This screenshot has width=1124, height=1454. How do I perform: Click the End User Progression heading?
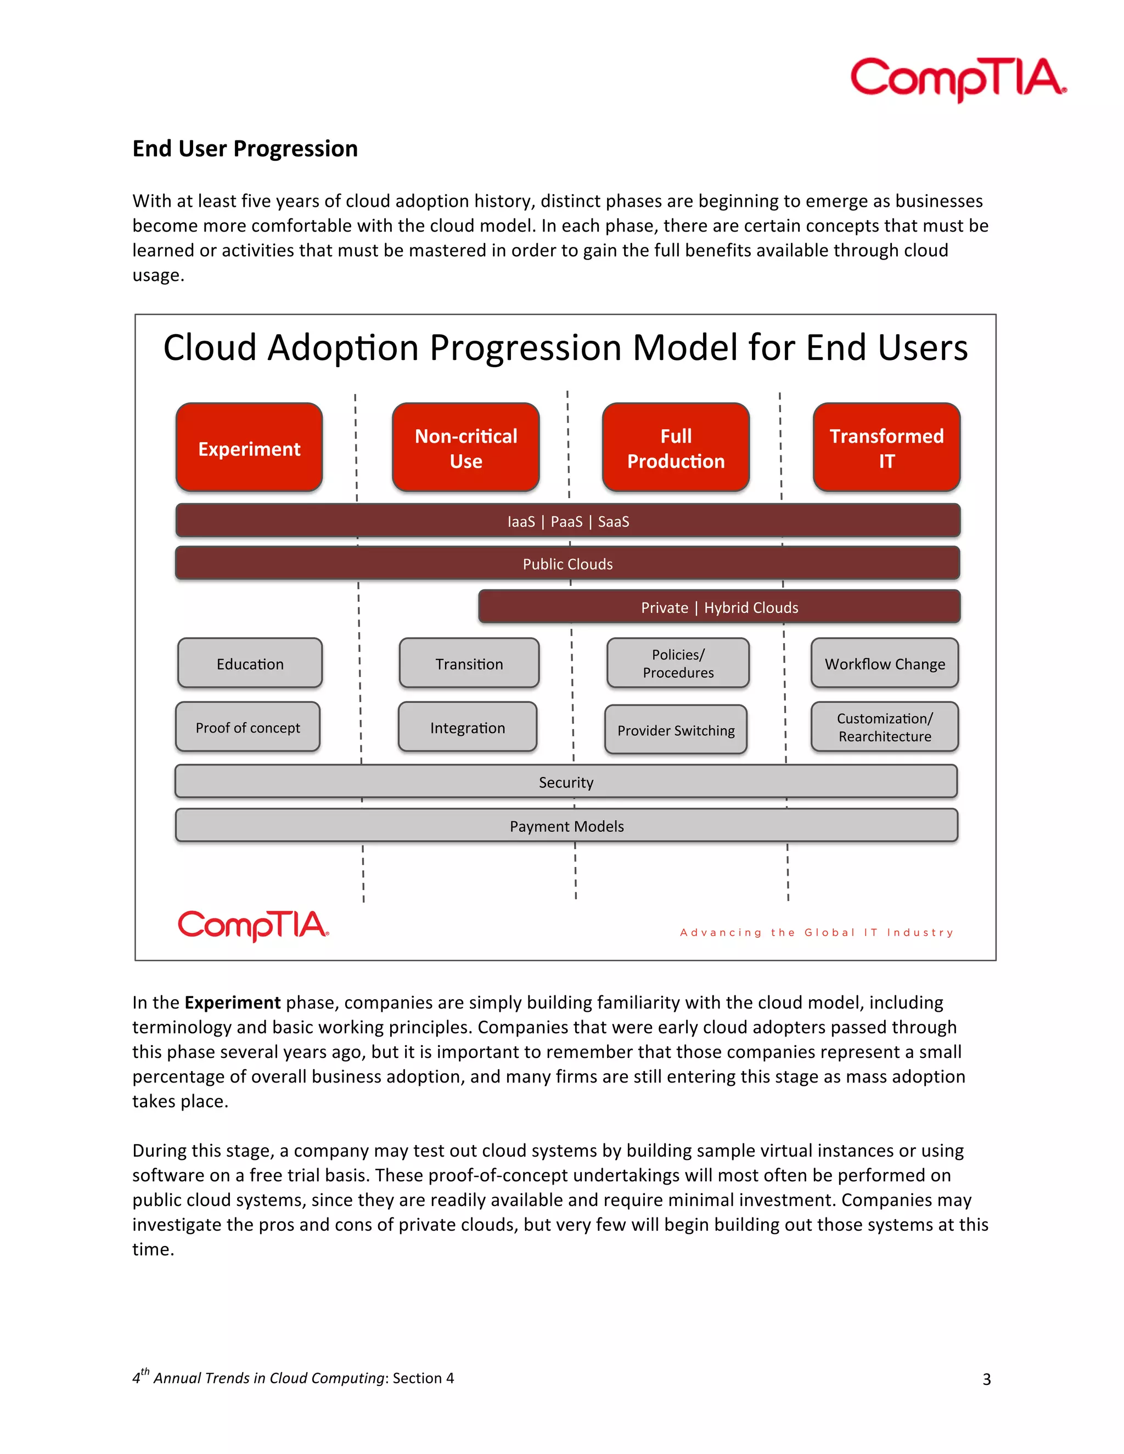pos(245,149)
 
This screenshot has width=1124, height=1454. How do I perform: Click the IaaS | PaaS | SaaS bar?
pos(567,521)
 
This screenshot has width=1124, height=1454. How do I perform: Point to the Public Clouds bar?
pos(567,564)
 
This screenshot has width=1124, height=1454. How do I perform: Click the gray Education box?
pos(250,663)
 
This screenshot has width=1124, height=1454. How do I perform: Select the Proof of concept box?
pos(248,727)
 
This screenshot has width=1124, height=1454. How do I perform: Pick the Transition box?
pos(469,663)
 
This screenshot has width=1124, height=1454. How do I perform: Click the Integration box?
pos(468,727)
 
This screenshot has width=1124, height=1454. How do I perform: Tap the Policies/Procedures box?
pos(678,663)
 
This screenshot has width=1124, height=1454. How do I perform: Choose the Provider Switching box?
pos(675,730)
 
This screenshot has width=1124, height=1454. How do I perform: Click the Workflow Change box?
pos(884,663)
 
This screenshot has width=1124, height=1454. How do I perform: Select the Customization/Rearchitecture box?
pos(884,727)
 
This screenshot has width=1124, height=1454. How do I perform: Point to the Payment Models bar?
pos(566,826)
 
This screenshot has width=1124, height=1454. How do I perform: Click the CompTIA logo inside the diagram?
pos(253,926)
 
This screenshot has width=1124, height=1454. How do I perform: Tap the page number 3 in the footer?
pos(986,1379)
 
